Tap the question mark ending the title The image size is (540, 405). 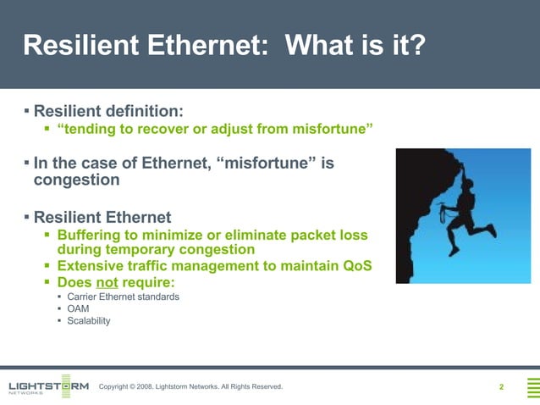[x=414, y=45]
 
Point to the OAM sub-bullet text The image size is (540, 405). [x=78, y=308]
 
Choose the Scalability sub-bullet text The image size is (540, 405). [x=88, y=321]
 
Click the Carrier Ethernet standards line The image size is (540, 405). [x=123, y=297]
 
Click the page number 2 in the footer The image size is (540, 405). [x=501, y=387]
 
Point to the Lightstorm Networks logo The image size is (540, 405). [x=47, y=386]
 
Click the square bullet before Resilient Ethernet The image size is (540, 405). [x=26, y=216]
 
